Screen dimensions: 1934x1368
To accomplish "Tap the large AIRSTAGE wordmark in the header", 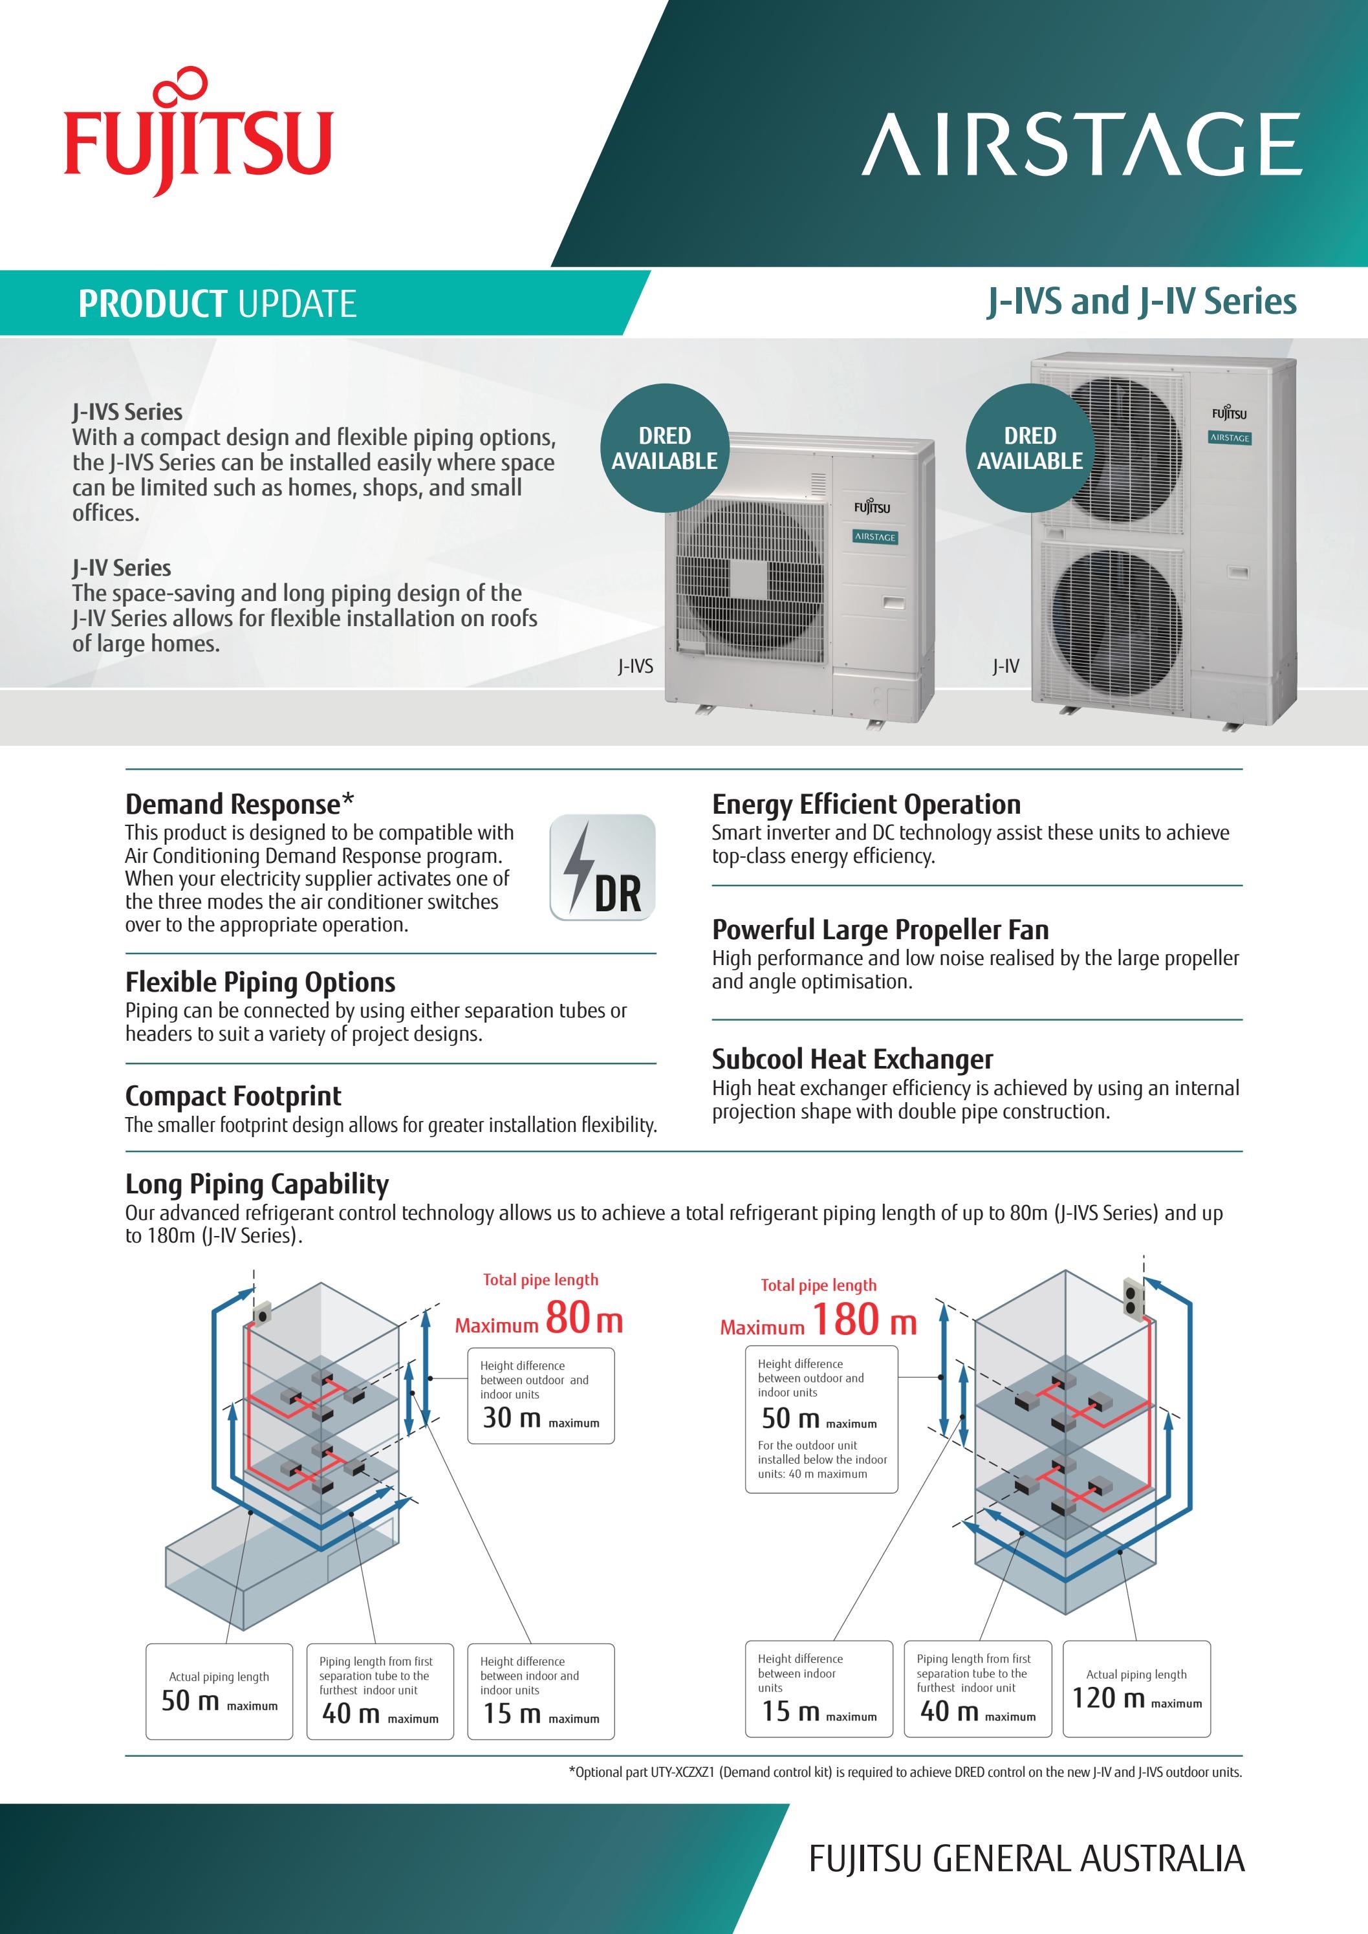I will pos(1081,145).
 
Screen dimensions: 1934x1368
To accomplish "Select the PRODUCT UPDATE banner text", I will pos(217,303).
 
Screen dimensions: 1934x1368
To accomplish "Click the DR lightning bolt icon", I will pos(602,867).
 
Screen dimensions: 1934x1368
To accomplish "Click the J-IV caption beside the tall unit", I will pos(1005,666).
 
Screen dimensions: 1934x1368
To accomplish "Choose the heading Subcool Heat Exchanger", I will pos(852,1058).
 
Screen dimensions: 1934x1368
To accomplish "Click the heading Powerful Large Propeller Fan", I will pos(880,929).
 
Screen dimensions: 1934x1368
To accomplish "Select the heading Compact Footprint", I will pos(233,1095).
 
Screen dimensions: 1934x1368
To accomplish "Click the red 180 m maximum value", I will pos(863,1320).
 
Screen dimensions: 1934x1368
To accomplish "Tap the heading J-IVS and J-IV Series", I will pos(1142,301).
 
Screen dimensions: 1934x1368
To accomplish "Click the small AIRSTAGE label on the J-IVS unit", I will pos(874,537).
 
